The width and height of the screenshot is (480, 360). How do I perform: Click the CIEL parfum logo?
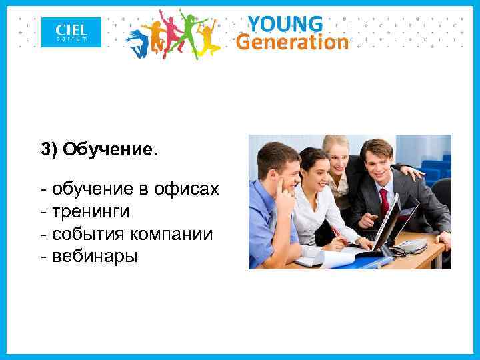pyautogui.click(x=71, y=32)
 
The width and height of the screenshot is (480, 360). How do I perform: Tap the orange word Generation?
pyautogui.click(x=293, y=43)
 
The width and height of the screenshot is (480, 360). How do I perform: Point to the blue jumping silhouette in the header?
pyautogui.click(x=137, y=41)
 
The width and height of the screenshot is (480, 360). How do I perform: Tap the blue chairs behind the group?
pyautogui.click(x=433, y=167)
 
